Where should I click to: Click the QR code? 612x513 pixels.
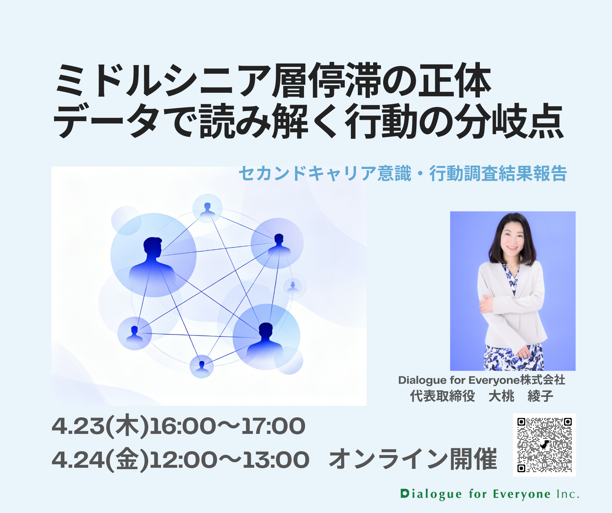tap(544, 445)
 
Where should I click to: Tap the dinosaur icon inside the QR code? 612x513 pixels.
tap(544, 445)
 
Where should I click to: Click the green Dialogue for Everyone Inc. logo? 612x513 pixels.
tap(490, 494)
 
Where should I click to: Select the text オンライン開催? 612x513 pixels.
tap(413, 459)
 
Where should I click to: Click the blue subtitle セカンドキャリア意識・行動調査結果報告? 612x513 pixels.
tap(403, 173)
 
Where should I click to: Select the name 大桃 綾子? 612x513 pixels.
tap(521, 396)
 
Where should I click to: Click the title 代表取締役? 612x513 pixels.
tap(442, 396)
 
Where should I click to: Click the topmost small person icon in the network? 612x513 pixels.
tap(207, 209)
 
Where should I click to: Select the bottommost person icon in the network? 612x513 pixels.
tap(202, 367)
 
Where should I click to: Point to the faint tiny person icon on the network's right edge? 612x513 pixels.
tap(293, 286)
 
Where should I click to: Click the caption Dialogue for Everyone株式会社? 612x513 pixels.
tap(482, 380)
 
